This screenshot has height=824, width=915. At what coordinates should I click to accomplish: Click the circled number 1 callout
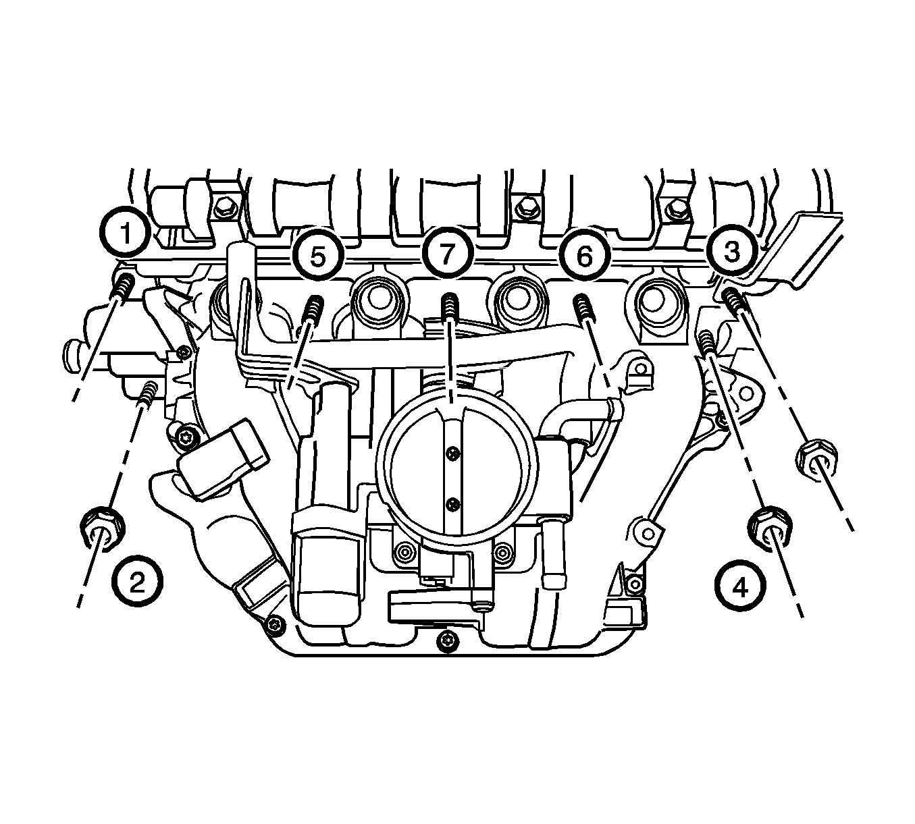tap(124, 233)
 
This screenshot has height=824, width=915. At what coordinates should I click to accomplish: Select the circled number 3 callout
tap(731, 251)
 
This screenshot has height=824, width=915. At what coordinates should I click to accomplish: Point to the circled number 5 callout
tap(318, 256)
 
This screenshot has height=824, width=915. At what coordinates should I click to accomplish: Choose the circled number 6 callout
tap(584, 256)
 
